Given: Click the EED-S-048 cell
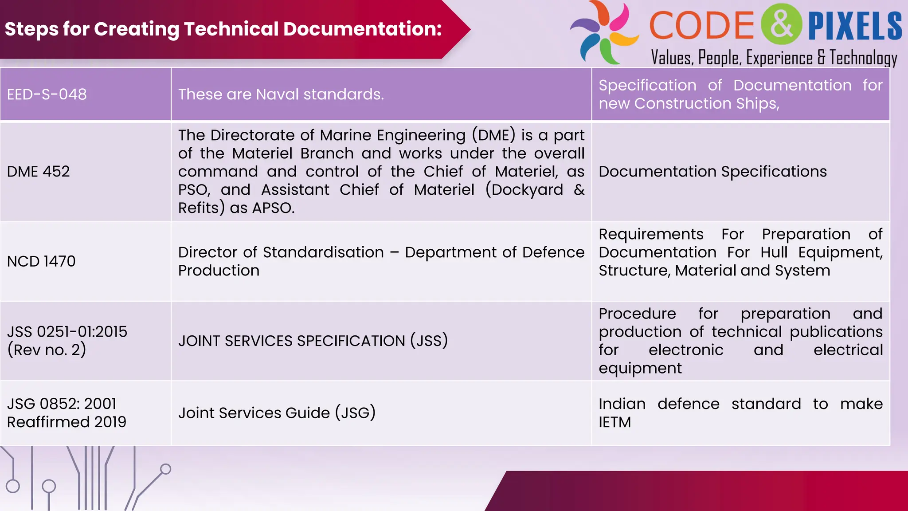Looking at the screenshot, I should [x=47, y=94].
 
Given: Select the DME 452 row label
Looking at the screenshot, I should [x=39, y=172].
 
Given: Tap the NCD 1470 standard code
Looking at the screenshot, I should [x=41, y=261].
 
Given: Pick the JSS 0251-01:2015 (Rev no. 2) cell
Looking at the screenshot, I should [x=67, y=341].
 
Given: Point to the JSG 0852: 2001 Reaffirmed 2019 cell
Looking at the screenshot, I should [x=67, y=413].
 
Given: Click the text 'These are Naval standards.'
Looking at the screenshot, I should [x=281, y=94].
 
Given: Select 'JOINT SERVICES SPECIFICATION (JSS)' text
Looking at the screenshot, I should [x=313, y=341].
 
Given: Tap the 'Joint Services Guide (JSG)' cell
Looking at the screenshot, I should [x=277, y=413].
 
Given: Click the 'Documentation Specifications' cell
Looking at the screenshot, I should [x=712, y=172].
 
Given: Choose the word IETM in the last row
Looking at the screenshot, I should [x=614, y=422].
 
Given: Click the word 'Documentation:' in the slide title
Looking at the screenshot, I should [x=363, y=29].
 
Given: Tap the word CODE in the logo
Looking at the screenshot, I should [x=701, y=25].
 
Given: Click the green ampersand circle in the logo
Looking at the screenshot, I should [x=781, y=24].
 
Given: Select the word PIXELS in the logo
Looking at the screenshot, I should [x=855, y=26].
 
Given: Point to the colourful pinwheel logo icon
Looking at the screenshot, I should [x=604, y=32].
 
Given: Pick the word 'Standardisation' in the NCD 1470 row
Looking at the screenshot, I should [x=323, y=252].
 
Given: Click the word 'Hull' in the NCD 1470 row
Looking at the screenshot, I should [x=774, y=252].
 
